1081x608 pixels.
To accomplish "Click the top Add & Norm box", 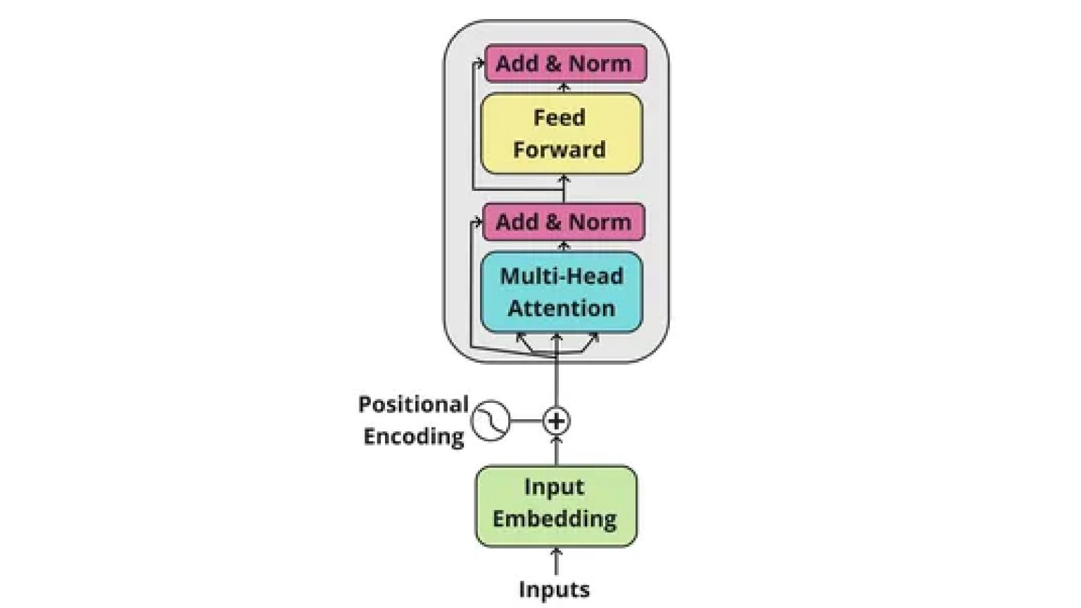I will point(565,63).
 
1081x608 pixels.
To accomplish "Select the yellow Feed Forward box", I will point(561,133).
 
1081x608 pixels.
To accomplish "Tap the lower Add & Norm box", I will point(564,222).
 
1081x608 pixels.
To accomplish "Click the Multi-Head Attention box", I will point(561,292).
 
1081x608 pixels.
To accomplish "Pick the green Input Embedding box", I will point(555,505).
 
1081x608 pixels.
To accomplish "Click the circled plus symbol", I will point(556,421).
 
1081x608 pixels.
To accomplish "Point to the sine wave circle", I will point(490,421).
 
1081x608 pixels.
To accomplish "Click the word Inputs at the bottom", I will point(554,590).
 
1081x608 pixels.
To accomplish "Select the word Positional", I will point(413,404).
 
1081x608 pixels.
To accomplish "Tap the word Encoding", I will point(413,436).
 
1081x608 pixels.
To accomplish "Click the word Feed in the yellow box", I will point(559,117).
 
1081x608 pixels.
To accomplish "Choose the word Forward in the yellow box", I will point(559,149).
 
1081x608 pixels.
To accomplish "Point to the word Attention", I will point(561,308).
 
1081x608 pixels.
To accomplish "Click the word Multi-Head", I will point(561,276).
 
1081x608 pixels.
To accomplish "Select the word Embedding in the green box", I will point(554,519).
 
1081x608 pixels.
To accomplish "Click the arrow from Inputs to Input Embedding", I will point(556,562).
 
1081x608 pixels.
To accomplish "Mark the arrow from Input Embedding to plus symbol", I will point(556,451).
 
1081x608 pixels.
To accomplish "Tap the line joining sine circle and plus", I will point(526,421).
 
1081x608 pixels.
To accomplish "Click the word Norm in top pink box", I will point(600,63).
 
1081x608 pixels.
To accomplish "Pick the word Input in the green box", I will point(554,487).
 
